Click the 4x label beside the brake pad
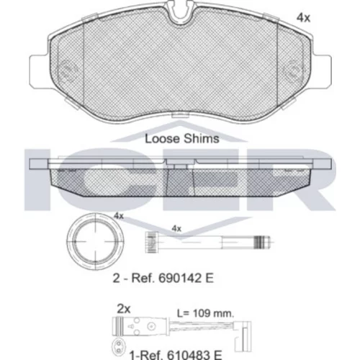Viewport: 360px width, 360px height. coord(303,17)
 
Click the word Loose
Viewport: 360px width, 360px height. coord(162,139)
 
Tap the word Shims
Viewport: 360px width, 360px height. coord(201,139)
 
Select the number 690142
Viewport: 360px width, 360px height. coord(176,278)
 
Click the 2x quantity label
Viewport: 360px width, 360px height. coord(124,309)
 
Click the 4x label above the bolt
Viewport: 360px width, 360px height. coord(176,228)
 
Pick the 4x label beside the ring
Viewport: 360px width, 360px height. coord(119,216)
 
